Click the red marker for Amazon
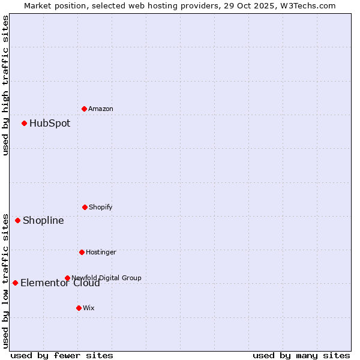click(x=84, y=109)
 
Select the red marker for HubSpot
click(x=24, y=123)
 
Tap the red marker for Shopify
click(x=85, y=207)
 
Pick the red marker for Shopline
click(x=17, y=220)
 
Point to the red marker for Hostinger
click(x=82, y=252)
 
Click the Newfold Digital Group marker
click(x=67, y=278)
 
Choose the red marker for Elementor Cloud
click(x=15, y=283)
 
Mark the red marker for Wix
click(x=79, y=308)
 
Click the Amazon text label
click(x=101, y=109)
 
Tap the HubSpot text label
click(x=50, y=123)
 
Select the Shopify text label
click(x=100, y=207)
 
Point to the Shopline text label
click(x=43, y=220)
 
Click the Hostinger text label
click(x=101, y=252)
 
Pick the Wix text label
click(x=89, y=308)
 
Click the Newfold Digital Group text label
click(x=107, y=277)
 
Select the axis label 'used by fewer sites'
click(x=62, y=355)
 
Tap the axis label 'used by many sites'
click(x=301, y=355)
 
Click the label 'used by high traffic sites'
click(x=5, y=85)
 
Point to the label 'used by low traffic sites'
click(x=5, y=280)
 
